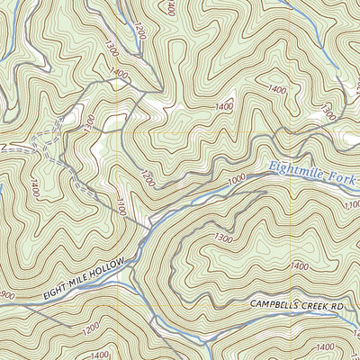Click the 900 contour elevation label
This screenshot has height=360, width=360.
(7, 297)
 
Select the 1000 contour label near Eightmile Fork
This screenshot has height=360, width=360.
(236, 182)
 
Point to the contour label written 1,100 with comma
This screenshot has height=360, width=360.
(352, 205)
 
